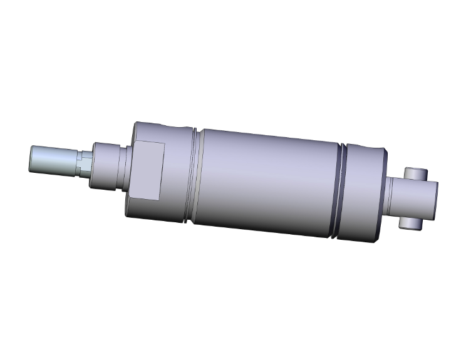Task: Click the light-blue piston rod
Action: pos(53,159)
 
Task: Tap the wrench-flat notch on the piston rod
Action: pos(82,164)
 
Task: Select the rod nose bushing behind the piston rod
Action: pos(105,166)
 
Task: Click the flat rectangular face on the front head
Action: pos(148,171)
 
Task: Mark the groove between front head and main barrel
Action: pos(194,176)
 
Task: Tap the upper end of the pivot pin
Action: pos(416,173)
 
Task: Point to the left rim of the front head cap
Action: pos(130,169)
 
